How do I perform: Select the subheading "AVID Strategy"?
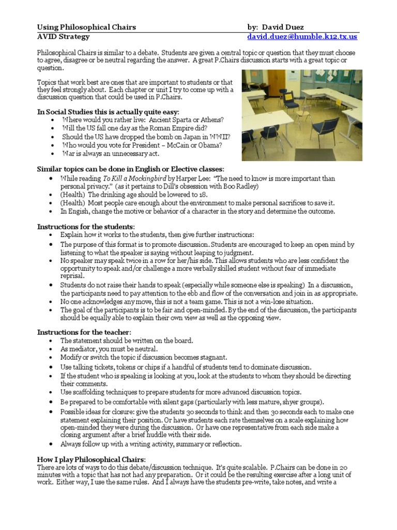tap(63, 37)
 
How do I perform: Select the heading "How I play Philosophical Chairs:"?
tap(91, 460)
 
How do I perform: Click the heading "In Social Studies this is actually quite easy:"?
tap(108, 111)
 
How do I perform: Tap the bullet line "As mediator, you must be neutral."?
tap(109, 349)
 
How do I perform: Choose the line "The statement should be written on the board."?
tap(127, 341)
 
